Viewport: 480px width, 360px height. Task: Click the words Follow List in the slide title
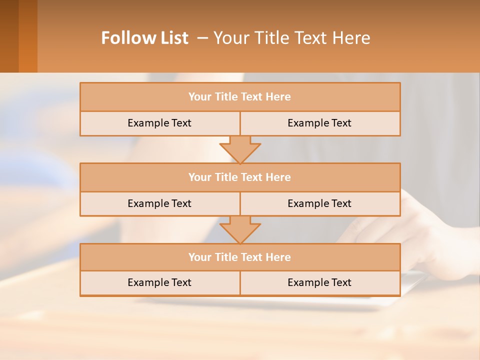point(144,38)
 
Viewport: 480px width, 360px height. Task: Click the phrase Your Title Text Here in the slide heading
point(292,38)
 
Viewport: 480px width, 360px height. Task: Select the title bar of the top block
point(240,97)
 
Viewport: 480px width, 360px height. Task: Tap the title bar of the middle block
point(240,177)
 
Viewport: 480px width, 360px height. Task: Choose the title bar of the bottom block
point(240,257)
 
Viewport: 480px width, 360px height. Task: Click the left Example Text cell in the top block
point(159,123)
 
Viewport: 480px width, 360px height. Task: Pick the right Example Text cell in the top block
point(320,123)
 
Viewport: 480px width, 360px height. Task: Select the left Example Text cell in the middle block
point(159,204)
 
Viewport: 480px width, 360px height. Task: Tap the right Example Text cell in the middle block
point(320,204)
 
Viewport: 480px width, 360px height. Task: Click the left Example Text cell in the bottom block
point(159,283)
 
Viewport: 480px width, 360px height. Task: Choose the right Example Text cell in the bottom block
point(320,283)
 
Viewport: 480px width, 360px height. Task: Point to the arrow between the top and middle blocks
point(240,150)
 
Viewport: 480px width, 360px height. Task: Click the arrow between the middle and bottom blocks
point(240,230)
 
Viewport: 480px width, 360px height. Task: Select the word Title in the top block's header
point(226,97)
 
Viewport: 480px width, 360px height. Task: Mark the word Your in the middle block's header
point(200,177)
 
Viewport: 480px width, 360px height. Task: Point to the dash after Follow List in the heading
point(203,38)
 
